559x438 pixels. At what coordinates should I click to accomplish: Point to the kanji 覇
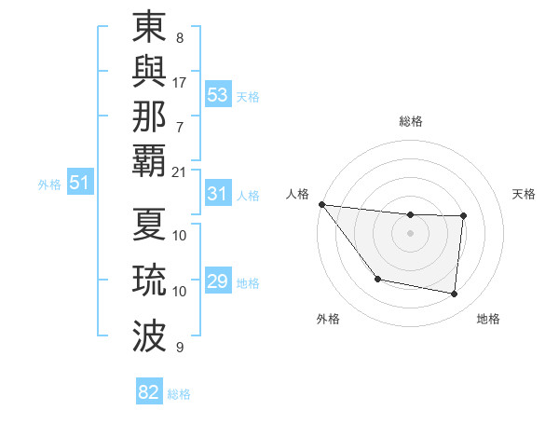coord(149,159)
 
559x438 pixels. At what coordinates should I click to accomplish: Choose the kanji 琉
coord(149,281)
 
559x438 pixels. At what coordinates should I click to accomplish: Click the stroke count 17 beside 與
coord(180,82)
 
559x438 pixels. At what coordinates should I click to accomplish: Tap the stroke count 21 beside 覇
coord(180,171)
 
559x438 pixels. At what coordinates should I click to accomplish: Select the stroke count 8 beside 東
coord(179,38)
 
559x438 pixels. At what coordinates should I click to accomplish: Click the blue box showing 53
coord(218,95)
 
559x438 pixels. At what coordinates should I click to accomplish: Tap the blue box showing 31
coord(218,194)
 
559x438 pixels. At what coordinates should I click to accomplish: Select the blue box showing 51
coord(80,184)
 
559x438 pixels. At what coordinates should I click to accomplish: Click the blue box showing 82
coord(149,392)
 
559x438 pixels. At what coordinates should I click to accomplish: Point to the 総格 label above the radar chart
coord(411,121)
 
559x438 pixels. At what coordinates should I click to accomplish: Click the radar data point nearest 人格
coord(321,204)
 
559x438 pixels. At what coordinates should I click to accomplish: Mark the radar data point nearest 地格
coord(455,294)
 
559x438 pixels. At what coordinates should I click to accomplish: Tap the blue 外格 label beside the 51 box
coord(49,185)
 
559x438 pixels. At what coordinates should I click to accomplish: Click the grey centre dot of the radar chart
coord(411,233)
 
